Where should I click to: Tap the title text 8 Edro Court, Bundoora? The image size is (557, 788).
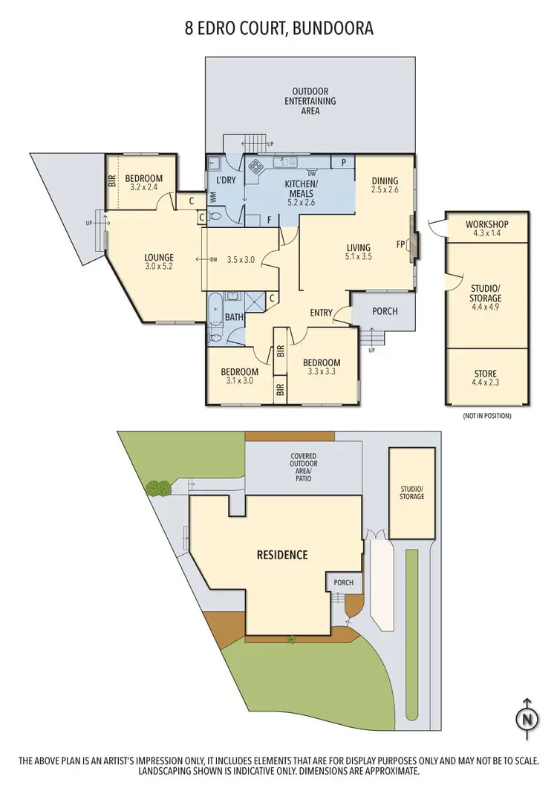[278, 29]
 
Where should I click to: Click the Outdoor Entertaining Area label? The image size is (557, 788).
[310, 101]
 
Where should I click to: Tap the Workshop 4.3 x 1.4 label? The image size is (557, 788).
[486, 228]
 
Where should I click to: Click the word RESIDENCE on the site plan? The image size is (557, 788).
[282, 555]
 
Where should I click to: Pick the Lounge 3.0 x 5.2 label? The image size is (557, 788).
[159, 262]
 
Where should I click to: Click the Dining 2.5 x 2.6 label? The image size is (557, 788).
[385, 185]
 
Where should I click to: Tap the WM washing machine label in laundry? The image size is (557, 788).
[213, 197]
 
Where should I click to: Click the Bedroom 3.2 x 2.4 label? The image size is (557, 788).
[145, 183]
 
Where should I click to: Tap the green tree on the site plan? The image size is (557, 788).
[157, 489]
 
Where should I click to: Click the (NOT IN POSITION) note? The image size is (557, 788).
[486, 416]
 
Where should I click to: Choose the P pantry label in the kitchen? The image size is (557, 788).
[343, 162]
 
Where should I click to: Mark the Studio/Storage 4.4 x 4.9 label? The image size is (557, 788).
[486, 293]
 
